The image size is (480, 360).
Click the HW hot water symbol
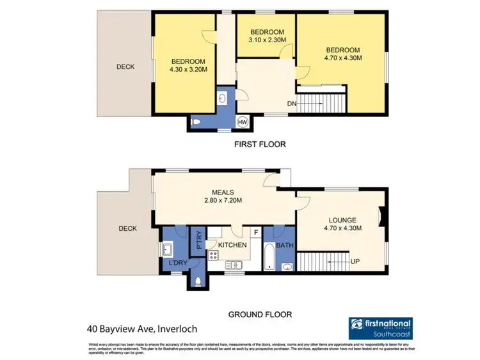[243, 121]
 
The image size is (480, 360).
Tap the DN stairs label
[292, 104]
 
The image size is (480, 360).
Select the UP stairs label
[354, 261]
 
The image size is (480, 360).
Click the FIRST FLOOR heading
[259, 145]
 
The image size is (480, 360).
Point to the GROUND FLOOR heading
[260, 315]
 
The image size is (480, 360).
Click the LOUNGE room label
[344, 220]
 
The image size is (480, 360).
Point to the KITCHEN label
[232, 245]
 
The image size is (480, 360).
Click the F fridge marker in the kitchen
[257, 233]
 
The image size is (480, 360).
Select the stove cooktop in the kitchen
[213, 256]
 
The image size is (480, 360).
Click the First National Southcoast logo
[380, 327]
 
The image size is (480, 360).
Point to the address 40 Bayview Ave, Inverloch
[142, 329]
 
